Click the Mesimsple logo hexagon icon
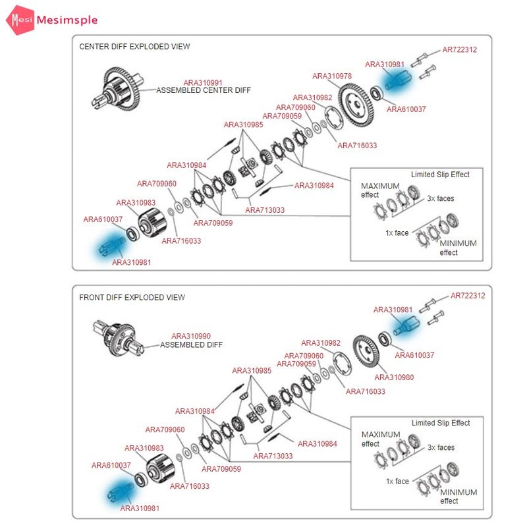[x=20, y=20]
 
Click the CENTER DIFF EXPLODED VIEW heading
[x=134, y=46]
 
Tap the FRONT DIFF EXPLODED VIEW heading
[x=132, y=298]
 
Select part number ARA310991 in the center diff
[x=203, y=83]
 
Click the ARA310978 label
[x=332, y=76]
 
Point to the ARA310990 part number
[x=191, y=336]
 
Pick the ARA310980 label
[x=394, y=377]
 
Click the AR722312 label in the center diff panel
[x=459, y=50]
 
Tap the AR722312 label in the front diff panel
[x=468, y=296]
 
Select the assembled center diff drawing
[x=118, y=89]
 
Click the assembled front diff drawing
[x=119, y=339]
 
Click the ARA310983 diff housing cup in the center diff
[x=152, y=223]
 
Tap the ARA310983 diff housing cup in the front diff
[x=160, y=469]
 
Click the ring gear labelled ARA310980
[x=366, y=352]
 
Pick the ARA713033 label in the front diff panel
[x=273, y=456]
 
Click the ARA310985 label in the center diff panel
[x=243, y=125]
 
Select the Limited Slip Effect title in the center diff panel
[x=440, y=175]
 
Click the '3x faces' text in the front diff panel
[x=441, y=448]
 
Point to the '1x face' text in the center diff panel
[x=397, y=233]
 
